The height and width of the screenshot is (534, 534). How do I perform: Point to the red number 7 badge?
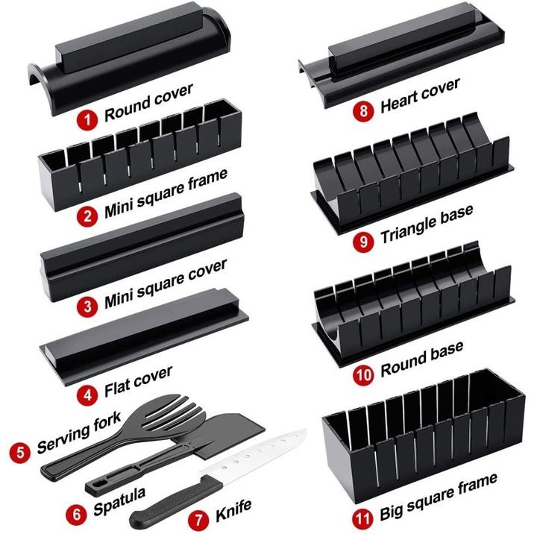coord(199,514)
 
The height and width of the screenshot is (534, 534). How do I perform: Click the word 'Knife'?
coord(234,509)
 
